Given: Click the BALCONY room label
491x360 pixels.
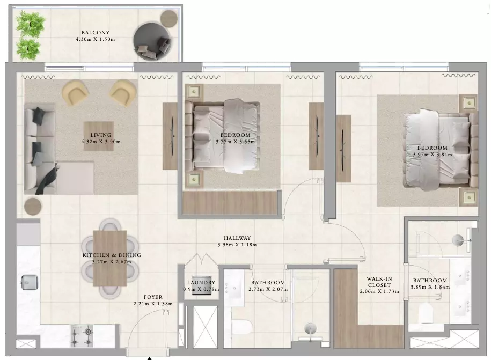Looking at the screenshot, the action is point(96,33).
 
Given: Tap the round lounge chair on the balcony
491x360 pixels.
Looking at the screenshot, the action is point(152,41).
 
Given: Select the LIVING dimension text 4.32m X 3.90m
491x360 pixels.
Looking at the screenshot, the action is point(101,142).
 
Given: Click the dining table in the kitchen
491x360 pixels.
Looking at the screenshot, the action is point(110,258).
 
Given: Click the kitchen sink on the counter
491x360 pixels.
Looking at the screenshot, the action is point(30,282).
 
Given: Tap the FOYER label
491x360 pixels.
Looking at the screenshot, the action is point(153,297).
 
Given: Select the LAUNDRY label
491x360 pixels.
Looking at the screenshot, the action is point(201,283).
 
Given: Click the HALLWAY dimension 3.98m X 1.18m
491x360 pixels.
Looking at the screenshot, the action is point(237,245).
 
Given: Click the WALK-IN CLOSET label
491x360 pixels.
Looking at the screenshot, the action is point(379,282).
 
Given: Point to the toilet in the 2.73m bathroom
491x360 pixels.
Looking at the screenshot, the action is point(241,327).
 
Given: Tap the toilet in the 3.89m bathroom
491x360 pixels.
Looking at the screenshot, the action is point(426,312).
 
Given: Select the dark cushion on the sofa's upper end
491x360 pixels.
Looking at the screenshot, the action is point(39,115).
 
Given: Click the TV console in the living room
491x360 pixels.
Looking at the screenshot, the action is point(170,136).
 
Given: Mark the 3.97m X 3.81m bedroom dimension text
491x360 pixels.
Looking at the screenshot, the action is point(433,155).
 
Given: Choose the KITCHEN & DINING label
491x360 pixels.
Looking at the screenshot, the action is point(112,255).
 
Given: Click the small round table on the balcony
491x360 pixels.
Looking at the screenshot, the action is point(169,18).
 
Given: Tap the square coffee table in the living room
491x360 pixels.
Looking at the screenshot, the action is point(99,136).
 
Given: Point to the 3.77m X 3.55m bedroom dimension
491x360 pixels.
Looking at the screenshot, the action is point(236,142).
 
